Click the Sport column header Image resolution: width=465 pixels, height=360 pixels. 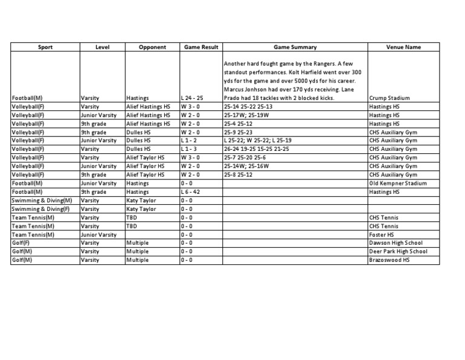click(45, 47)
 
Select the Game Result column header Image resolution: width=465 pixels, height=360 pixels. click(200, 47)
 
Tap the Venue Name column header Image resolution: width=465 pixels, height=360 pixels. click(404, 47)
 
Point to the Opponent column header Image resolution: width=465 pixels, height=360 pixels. click(152, 47)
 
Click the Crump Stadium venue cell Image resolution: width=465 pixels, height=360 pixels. click(389, 98)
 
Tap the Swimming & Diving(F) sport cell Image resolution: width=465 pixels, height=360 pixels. click(41, 208)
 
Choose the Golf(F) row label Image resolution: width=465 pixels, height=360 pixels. click(22, 242)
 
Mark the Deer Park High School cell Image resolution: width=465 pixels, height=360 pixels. click(398, 251)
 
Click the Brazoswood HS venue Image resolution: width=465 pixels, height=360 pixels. click(389, 259)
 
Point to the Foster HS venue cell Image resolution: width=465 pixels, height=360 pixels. click(381, 234)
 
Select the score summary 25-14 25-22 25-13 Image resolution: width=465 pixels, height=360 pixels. click(248, 106)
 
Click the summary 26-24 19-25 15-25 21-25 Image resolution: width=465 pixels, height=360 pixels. click(256, 148)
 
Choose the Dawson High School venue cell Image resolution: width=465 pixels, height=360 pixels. click(395, 242)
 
